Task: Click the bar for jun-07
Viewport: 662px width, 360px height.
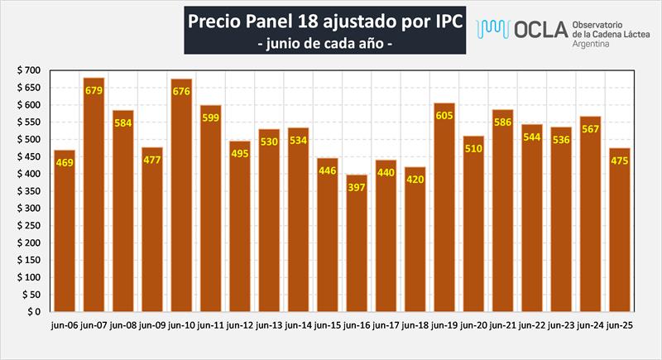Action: pyautogui.click(x=94, y=199)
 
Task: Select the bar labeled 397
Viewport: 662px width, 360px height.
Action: pyautogui.click(x=356, y=248)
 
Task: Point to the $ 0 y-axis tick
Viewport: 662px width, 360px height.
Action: pyautogui.click(x=31, y=312)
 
